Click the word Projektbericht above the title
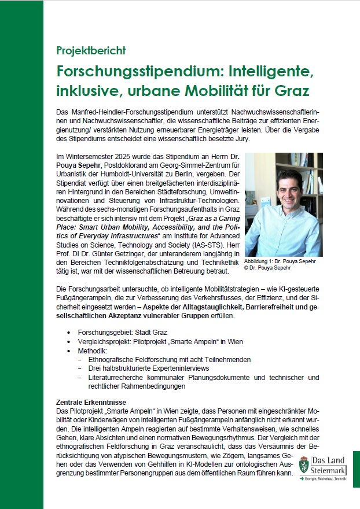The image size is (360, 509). point(91,50)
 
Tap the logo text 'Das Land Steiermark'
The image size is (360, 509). point(330,464)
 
